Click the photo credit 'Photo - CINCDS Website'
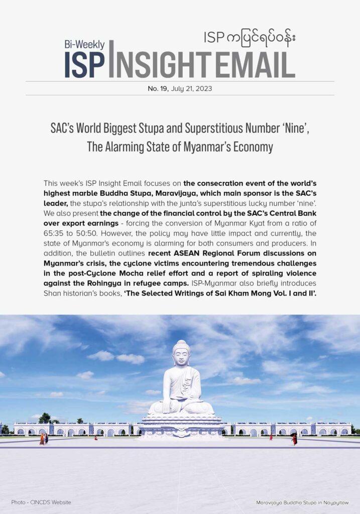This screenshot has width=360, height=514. point(41,502)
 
